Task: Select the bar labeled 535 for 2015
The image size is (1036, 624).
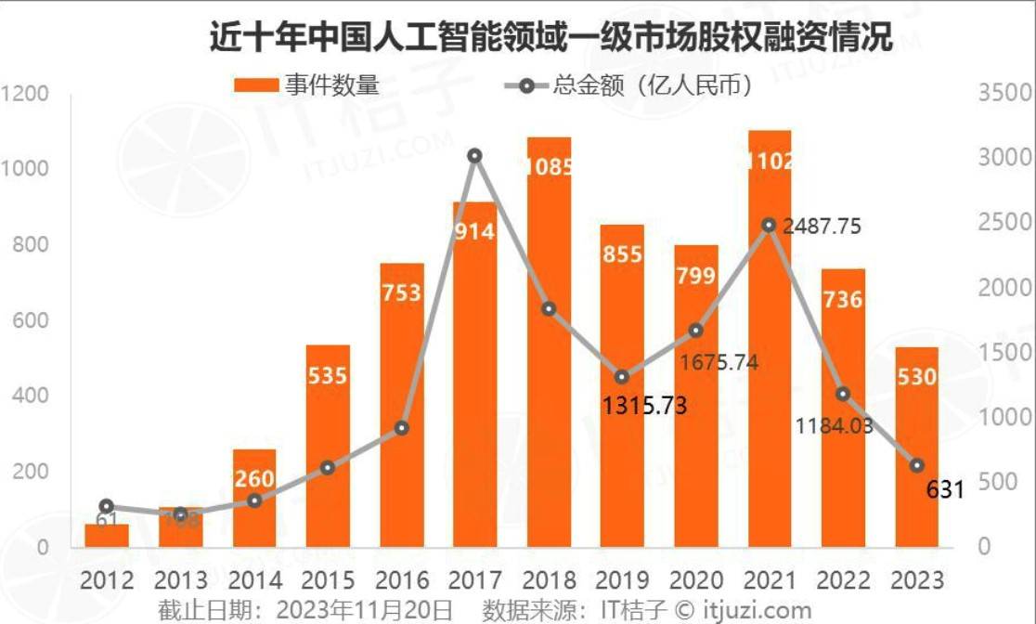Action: coord(328,446)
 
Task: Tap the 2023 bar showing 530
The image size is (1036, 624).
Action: coord(916,446)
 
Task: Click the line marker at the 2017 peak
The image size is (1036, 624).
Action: coord(474,156)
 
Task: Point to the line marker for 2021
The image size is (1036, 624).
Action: coord(769,225)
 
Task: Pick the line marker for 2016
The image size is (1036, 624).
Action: coord(401,428)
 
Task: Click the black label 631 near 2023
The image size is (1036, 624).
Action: coord(945,489)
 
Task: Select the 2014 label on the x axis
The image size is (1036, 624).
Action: coord(254,580)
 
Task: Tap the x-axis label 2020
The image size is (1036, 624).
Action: coord(695,580)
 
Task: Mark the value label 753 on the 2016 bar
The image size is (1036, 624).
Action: coord(401,293)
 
